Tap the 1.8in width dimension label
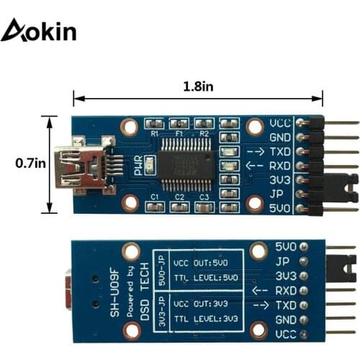click(x=198, y=86)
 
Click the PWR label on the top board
click(x=137, y=166)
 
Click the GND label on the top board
click(x=279, y=137)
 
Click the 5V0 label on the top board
click(x=279, y=210)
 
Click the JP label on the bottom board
click(x=287, y=261)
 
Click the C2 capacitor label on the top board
click(x=180, y=197)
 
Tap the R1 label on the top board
click(x=153, y=134)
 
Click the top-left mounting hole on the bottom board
click(x=131, y=252)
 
